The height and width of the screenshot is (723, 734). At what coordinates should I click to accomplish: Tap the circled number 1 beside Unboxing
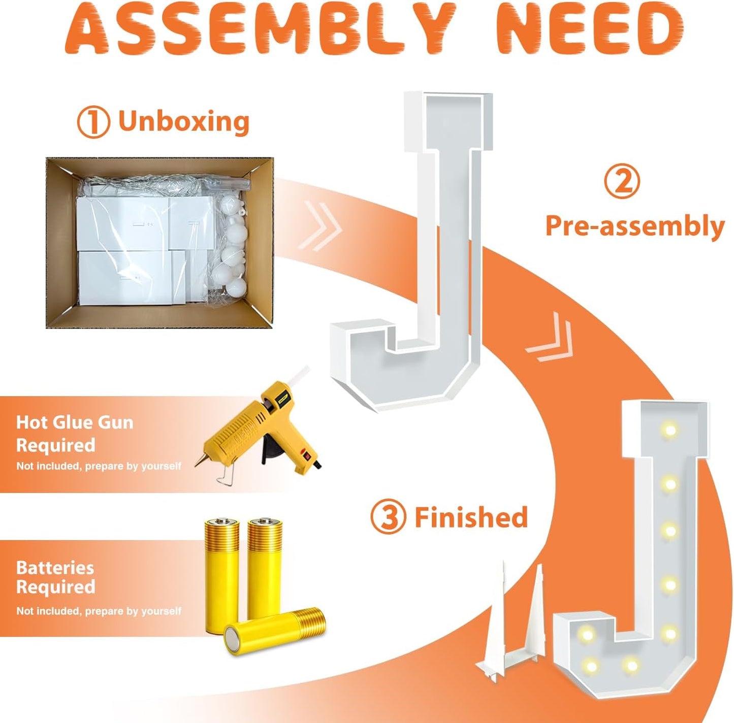(x=93, y=122)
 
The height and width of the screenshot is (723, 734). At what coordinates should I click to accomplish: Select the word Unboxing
(x=183, y=121)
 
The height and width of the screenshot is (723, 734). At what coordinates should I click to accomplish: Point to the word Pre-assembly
(x=635, y=226)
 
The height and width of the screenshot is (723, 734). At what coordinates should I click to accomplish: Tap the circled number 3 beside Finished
(x=388, y=517)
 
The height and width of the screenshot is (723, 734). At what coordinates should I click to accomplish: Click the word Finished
(x=471, y=517)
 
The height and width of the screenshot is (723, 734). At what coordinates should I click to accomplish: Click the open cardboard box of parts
(x=160, y=243)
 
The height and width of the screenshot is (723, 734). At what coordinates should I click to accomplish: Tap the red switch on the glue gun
(x=305, y=454)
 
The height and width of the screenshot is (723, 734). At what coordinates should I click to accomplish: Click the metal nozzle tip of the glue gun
(x=199, y=462)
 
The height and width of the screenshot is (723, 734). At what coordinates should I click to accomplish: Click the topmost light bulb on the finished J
(x=669, y=430)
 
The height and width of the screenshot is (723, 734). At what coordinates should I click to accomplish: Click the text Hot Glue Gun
(x=75, y=423)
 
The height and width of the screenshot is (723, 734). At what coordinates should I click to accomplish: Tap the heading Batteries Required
(x=55, y=577)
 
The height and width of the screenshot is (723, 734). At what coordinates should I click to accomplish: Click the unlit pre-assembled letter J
(x=411, y=251)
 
